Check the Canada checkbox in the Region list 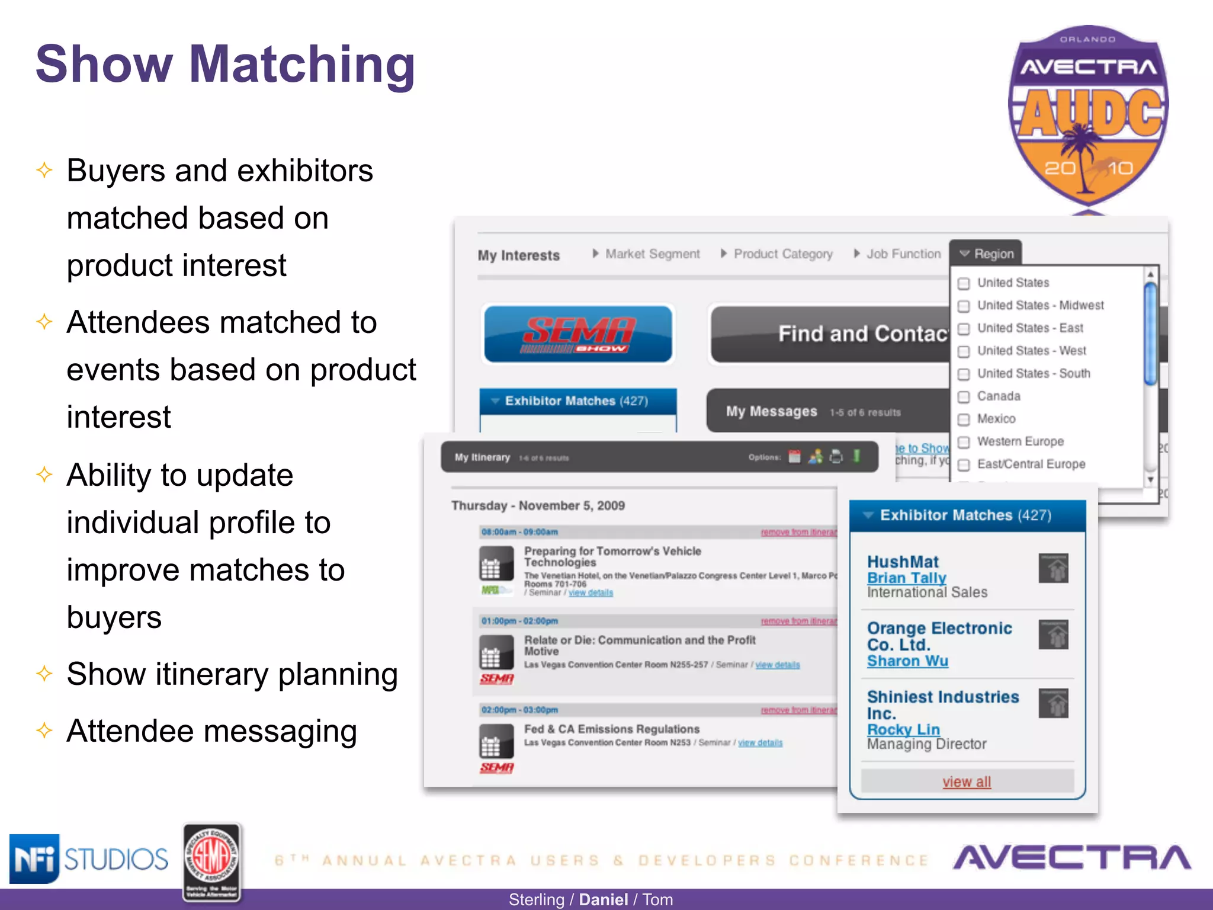tap(964, 396)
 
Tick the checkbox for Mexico tap(964, 419)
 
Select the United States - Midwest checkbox tap(964, 306)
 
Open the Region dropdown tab tap(986, 254)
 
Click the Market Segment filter tap(646, 254)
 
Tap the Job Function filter tap(897, 254)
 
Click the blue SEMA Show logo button tap(578, 334)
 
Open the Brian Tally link tap(906, 578)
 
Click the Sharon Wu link tap(907, 661)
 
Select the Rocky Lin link tap(903, 729)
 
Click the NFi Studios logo tap(89, 858)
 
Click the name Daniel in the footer tap(603, 899)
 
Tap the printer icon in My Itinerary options tap(836, 457)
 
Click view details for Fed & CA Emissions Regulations tap(760, 743)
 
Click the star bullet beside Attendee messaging tap(44, 730)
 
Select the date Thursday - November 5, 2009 tap(538, 505)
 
